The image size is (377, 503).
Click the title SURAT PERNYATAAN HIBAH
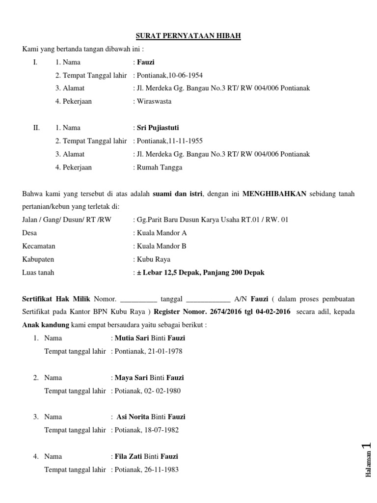click(x=188, y=36)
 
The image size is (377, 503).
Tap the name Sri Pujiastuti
click(x=158, y=128)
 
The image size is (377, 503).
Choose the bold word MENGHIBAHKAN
click(x=274, y=194)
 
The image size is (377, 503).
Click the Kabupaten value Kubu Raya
click(x=154, y=259)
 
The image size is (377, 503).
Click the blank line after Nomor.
click(x=138, y=299)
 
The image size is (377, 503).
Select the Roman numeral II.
click(x=36, y=128)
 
